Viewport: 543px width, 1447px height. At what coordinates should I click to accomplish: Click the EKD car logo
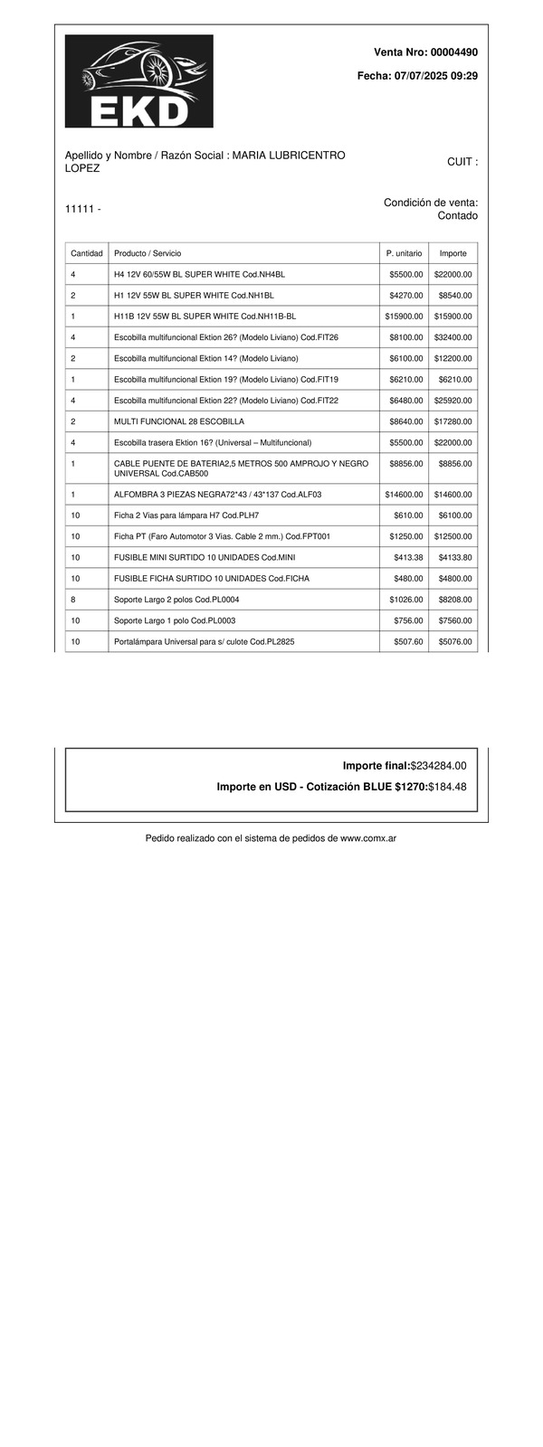point(138,81)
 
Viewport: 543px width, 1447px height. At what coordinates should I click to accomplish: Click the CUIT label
point(462,162)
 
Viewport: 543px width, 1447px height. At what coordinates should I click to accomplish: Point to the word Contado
point(457,216)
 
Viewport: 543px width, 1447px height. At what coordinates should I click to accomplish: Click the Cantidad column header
point(87,253)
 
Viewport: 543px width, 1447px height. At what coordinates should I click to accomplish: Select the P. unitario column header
point(404,253)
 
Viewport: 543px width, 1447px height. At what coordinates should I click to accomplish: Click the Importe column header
point(453,253)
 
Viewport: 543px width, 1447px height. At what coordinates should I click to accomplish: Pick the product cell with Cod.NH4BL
point(199,274)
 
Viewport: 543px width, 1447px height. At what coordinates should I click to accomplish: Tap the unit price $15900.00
point(404,317)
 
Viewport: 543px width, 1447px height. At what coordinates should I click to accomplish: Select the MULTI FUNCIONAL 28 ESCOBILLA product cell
point(179,421)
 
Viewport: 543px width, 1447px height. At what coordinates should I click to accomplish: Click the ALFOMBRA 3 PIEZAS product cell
point(217,495)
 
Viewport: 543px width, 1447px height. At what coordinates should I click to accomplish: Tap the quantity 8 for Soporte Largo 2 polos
point(72,600)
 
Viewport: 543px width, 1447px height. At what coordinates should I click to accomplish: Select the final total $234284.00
point(438,766)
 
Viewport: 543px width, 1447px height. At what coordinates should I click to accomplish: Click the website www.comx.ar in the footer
point(367,838)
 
